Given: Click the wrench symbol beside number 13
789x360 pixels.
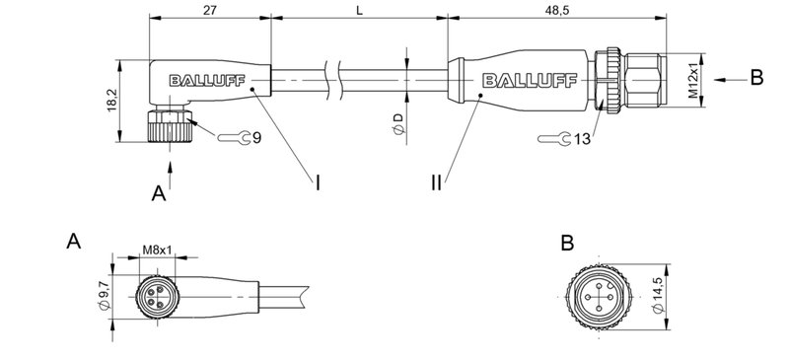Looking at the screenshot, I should [555, 140].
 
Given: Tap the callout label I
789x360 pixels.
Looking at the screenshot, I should [317, 183].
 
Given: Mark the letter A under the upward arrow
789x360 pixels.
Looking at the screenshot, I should [158, 195].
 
